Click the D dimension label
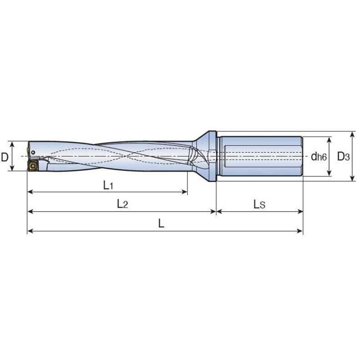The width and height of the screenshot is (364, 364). [5, 157]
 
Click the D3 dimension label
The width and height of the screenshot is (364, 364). [343, 157]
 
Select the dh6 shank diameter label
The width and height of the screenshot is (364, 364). [319, 157]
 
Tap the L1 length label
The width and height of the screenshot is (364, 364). [108, 185]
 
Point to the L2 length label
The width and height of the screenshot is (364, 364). [122, 204]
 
